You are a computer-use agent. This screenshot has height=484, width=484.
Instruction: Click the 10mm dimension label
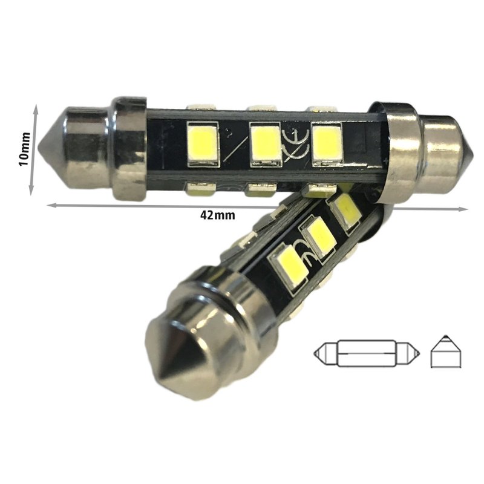tap(23, 149)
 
